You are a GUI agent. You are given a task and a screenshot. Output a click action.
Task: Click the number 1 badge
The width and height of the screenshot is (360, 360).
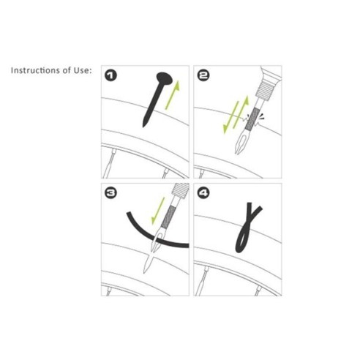110,75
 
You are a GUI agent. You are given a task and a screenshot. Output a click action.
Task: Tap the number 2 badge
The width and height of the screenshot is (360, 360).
203,75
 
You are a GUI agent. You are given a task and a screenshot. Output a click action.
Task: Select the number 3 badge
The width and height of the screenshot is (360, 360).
110,192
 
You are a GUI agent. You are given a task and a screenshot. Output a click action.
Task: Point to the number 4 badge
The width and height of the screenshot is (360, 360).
203,192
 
